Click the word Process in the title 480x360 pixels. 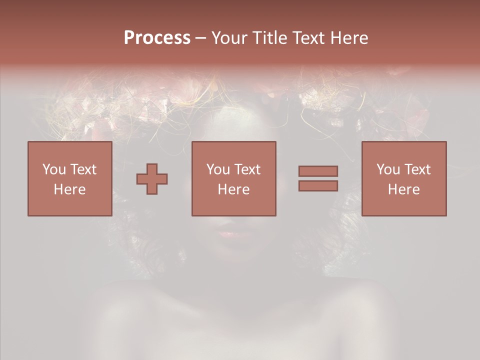157,38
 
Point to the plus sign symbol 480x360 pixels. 152,178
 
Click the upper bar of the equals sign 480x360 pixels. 318,171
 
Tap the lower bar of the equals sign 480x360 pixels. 318,186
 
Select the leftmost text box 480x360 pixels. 70,178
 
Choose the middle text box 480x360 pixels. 233,178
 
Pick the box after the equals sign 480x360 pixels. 404,178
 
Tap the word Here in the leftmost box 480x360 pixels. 70,189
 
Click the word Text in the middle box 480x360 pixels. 248,169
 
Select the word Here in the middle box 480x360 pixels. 233,189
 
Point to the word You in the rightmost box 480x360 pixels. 388,169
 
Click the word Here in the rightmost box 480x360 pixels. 404,189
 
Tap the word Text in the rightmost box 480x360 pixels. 418,169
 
